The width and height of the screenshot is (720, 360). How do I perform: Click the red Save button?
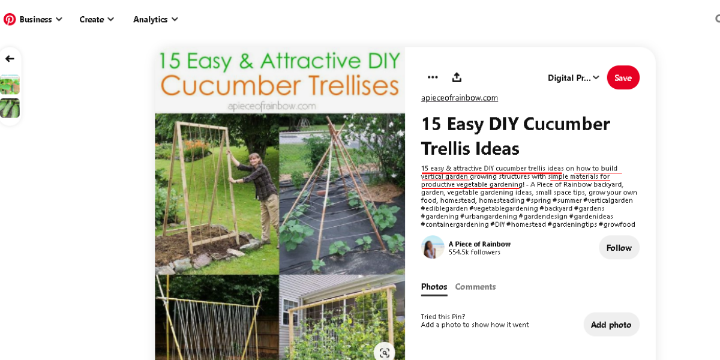(x=623, y=78)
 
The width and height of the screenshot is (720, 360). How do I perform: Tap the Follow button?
(x=619, y=248)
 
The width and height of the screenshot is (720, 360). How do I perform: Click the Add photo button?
(x=611, y=325)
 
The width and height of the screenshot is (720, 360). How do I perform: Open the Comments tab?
(x=475, y=287)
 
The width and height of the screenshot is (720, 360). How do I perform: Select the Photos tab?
(x=434, y=287)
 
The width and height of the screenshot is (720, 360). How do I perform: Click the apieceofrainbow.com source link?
(x=460, y=98)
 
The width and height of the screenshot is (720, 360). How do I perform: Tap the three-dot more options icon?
(x=433, y=77)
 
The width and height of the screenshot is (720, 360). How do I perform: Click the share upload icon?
(x=457, y=77)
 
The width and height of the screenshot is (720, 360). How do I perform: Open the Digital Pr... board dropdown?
(x=574, y=78)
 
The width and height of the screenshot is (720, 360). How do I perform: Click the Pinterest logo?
(x=10, y=19)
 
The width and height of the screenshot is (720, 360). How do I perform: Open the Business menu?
(x=41, y=19)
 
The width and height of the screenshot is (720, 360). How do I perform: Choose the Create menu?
(x=97, y=19)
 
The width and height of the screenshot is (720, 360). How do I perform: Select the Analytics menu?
(x=155, y=19)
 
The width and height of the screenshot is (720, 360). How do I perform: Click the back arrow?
(x=10, y=59)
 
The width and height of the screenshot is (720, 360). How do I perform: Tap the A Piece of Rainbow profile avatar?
(x=433, y=247)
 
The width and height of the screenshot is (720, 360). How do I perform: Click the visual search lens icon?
(x=385, y=353)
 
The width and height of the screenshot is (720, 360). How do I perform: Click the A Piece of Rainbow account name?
(x=479, y=244)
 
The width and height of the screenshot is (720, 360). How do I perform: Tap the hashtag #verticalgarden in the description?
(x=608, y=200)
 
